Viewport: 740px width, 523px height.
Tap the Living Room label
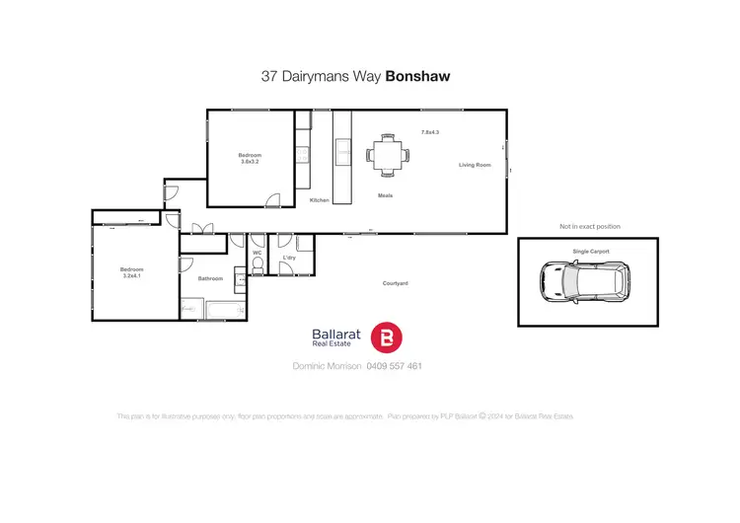point(475,165)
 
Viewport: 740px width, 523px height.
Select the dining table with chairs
point(385,155)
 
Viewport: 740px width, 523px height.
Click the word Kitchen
point(320,200)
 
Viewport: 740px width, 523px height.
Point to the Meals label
point(386,195)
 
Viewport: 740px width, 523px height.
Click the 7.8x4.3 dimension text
point(429,131)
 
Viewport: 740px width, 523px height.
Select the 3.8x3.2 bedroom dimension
point(250,162)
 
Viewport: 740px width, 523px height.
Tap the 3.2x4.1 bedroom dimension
point(132,276)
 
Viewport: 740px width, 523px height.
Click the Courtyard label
point(396,283)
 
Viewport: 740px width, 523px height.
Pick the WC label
point(257,253)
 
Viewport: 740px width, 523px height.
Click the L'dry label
point(289,258)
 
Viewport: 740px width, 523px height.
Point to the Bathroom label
point(210,278)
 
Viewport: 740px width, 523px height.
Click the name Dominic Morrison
point(328,366)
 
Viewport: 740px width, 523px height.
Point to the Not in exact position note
point(586,226)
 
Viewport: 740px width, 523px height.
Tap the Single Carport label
point(591,252)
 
